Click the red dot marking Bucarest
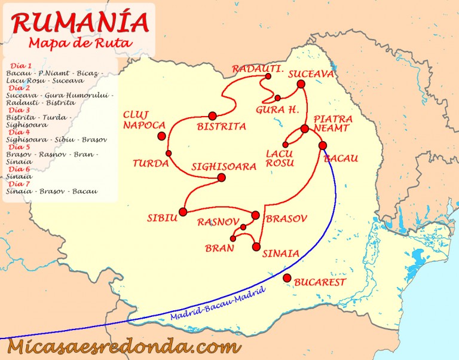point(287,277)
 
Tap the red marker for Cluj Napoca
point(161,136)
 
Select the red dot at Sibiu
point(183,212)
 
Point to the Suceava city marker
point(301,85)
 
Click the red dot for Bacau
point(323,145)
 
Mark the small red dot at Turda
point(169,154)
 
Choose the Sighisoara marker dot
point(221,178)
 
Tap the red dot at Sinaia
point(256,246)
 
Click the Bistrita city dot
point(212,115)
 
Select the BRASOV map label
point(286,219)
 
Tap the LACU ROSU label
point(280,158)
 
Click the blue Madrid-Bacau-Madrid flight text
point(209,307)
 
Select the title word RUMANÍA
point(79,22)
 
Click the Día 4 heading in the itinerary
point(20,132)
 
